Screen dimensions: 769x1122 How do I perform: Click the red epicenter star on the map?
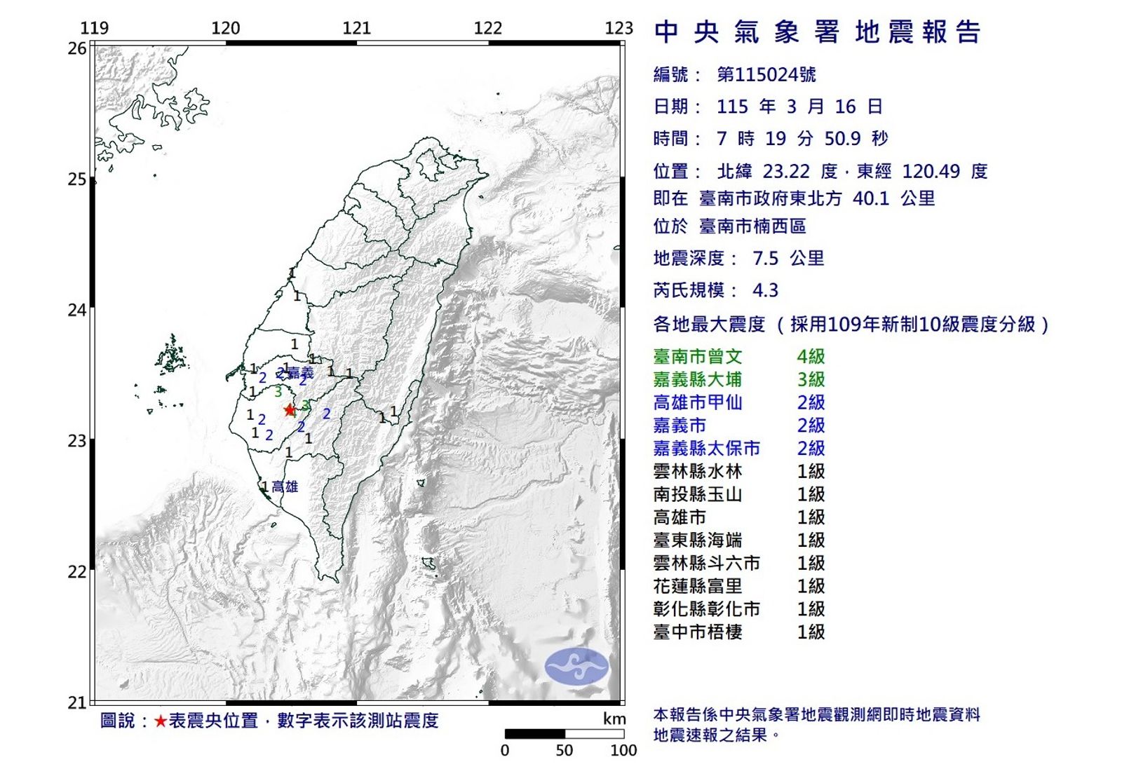click(290, 410)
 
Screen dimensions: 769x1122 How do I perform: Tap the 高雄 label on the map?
click(285, 486)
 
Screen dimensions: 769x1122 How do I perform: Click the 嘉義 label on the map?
click(301, 373)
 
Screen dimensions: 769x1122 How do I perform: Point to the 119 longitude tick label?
click(95, 28)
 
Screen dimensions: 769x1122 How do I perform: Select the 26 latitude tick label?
click(77, 48)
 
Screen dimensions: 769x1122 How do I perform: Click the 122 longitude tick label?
click(488, 28)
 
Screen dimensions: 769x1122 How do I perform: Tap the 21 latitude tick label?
click(77, 702)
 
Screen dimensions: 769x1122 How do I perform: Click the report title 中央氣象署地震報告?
click(818, 32)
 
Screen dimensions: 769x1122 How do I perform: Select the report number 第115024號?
click(766, 74)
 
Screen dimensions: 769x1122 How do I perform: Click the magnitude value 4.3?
click(765, 290)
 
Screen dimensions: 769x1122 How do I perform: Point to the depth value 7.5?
click(765, 259)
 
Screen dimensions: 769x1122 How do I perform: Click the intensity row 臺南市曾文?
click(697, 356)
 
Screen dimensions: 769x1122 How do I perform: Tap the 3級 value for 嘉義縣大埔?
click(811, 379)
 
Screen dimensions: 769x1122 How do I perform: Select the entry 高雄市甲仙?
click(697, 402)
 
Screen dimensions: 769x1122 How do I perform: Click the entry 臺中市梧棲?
click(697, 632)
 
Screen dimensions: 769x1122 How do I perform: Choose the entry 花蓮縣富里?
click(697, 586)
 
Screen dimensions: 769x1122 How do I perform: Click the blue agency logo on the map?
click(576, 667)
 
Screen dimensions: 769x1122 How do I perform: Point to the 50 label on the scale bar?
click(564, 751)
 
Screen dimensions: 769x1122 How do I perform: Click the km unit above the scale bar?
click(614, 719)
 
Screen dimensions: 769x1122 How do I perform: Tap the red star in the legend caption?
click(161, 721)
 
